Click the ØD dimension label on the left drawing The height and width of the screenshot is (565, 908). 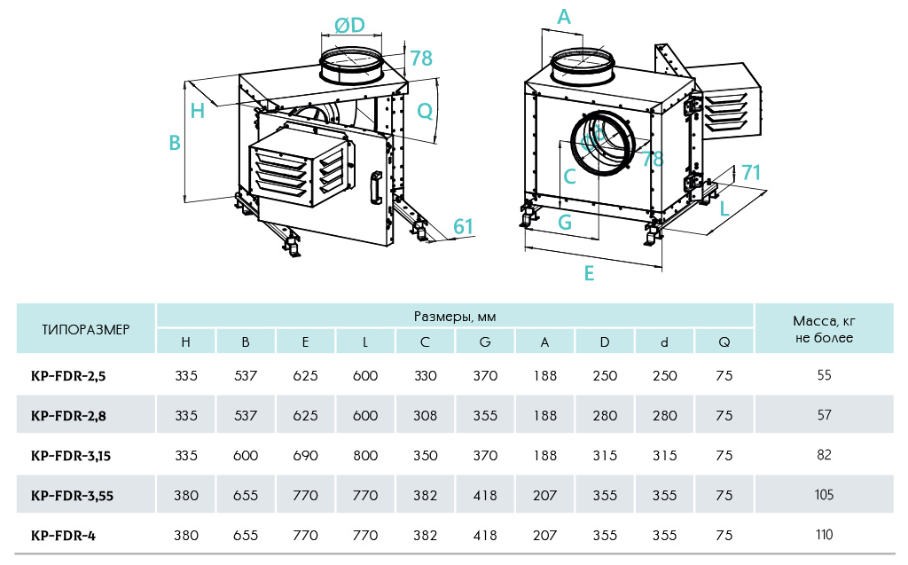(350, 25)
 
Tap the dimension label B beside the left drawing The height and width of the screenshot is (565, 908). (176, 143)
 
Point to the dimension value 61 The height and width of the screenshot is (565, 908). (463, 226)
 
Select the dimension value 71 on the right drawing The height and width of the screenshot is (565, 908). (751, 173)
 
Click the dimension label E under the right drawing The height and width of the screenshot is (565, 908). (589, 274)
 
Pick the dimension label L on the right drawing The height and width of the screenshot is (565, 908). (724, 209)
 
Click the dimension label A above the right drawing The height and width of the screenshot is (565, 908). (564, 16)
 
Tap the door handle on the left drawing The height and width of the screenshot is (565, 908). (376, 186)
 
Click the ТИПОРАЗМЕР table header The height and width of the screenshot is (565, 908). (86, 329)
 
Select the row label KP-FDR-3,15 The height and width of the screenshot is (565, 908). (70, 455)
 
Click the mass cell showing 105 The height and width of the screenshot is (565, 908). (824, 495)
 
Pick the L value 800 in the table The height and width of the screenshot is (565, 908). (365, 455)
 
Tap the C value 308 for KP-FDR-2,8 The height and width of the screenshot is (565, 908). (426, 415)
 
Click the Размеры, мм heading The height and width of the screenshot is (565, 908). (455, 317)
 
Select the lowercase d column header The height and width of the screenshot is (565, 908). (664, 341)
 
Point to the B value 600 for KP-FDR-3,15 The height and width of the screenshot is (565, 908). (246, 455)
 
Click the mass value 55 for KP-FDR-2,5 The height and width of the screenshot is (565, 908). (824, 375)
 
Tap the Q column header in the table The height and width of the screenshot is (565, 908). (724, 341)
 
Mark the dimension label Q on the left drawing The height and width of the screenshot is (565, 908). (425, 111)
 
